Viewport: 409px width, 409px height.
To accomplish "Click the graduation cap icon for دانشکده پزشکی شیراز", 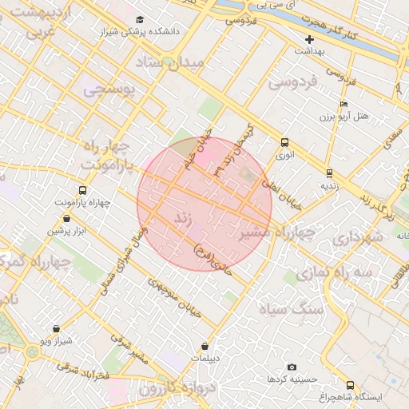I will (x=141, y=19).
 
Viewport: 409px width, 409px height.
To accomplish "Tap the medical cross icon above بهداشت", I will (x=309, y=38).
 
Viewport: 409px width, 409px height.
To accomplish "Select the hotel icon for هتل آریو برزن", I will (x=343, y=104).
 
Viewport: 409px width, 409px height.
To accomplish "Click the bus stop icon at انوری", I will (x=284, y=142).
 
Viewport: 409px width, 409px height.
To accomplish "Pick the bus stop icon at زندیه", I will (x=329, y=173).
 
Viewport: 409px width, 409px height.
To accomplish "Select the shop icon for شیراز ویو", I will (x=56, y=328).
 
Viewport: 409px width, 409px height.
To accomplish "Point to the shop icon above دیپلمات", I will (x=206, y=346).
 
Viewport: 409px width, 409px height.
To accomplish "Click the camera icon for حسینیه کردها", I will (x=291, y=366).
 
